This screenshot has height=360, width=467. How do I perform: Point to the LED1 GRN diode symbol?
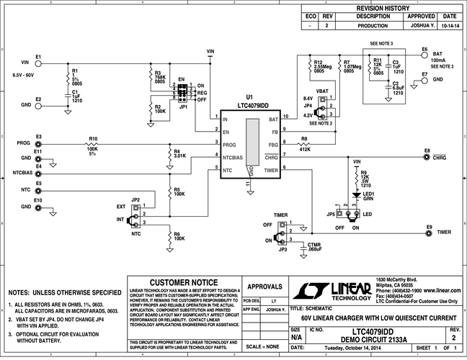[x=355, y=194]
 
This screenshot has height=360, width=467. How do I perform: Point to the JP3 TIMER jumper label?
[x=282, y=249]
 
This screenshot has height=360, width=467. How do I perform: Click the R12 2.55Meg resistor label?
[x=322, y=66]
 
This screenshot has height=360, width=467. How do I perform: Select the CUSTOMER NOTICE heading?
[x=183, y=282]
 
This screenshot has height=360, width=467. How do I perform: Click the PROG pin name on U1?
[x=229, y=143]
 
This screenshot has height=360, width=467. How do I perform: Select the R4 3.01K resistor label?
[x=180, y=153]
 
